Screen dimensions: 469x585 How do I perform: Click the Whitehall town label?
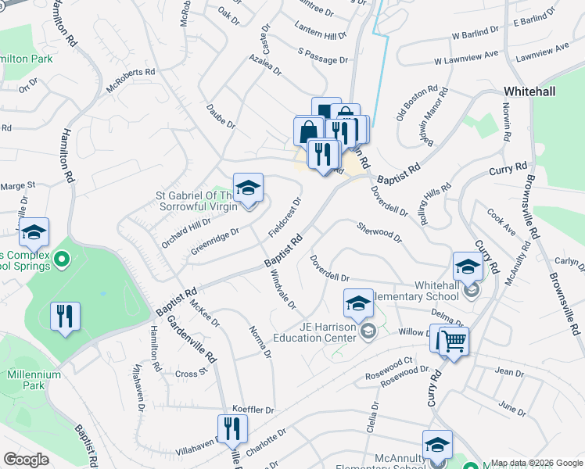coord(529,91)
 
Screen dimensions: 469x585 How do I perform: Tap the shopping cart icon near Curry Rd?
coord(452,341)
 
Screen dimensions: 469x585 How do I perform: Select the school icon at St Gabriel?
coord(248,189)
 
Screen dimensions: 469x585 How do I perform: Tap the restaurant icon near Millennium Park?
coord(64,317)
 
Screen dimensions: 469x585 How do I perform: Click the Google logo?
coord(26,460)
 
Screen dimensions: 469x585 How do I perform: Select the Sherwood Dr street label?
coord(379,231)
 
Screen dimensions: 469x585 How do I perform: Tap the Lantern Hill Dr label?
coord(321,36)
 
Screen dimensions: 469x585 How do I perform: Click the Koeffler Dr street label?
coord(254,410)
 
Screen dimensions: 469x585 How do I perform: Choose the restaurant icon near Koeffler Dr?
coord(231,428)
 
